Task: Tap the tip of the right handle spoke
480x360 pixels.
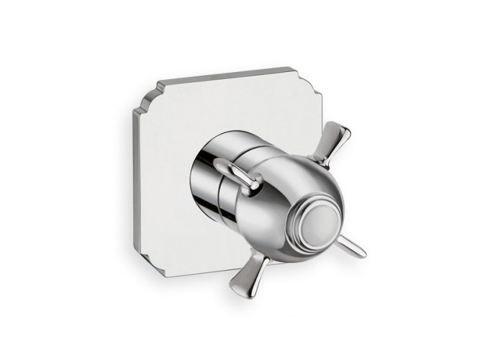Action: pos(363,253)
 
